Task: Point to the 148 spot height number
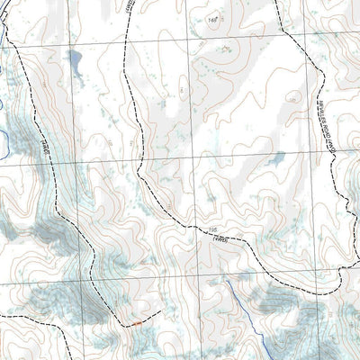click(213, 19)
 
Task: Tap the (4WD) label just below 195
click(217, 238)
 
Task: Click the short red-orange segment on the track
click(136, 321)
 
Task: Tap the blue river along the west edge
click(4, 135)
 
